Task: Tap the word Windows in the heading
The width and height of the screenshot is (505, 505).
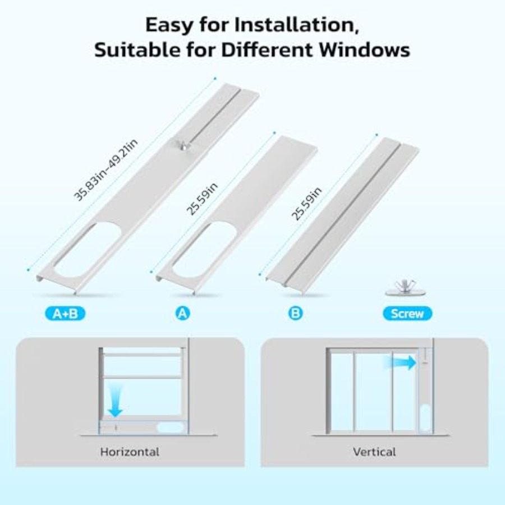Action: (365, 50)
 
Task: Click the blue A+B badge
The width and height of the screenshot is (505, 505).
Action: (65, 313)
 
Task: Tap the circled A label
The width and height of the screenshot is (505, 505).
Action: (182, 313)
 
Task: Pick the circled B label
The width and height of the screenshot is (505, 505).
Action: (295, 313)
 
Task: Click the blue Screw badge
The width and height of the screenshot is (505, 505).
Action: (407, 313)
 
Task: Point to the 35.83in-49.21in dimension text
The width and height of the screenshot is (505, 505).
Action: (106, 169)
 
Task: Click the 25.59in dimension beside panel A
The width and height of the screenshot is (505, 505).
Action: (202, 199)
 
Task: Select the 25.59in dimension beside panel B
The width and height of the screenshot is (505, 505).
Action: (306, 203)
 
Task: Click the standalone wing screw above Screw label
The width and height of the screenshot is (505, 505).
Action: (405, 288)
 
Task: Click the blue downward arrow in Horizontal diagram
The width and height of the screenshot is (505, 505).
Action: (115, 401)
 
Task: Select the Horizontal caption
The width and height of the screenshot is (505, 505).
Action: (130, 452)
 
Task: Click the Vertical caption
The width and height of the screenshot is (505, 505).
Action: (374, 452)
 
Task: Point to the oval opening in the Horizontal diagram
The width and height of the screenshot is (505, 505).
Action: (170, 428)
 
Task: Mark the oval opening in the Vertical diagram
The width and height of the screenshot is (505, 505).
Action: (425, 417)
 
